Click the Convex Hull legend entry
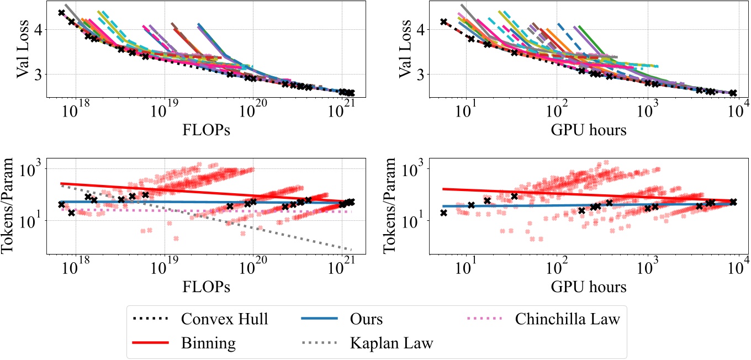[224, 319]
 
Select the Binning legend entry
[207, 343]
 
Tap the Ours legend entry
[367, 319]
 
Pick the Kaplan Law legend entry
[392, 343]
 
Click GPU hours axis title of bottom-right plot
[589, 287]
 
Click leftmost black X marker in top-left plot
[61, 13]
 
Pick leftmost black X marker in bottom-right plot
[443, 213]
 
